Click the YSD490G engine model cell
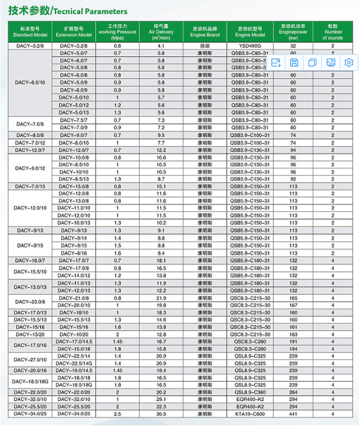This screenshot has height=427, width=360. click(250, 46)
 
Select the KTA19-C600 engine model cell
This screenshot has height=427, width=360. click(250, 414)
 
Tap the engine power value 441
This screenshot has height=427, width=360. click(293, 414)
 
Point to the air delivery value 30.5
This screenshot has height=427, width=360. click(161, 414)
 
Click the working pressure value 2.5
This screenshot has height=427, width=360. click(117, 414)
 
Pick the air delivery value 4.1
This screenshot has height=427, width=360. click(161, 46)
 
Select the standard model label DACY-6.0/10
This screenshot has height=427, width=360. click(30, 82)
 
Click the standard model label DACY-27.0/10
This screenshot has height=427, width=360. click(30, 360)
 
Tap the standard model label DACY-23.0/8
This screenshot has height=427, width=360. click(30, 301)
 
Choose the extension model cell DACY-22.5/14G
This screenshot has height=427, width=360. click(74, 363)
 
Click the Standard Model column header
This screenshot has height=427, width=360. click(30, 31)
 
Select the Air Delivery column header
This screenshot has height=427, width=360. click(161, 31)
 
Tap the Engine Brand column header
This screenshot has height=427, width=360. click(205, 31)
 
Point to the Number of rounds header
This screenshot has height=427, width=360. click(333, 31)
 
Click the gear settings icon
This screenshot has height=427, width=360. click(348, 63)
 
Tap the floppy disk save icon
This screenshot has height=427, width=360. click(294, 63)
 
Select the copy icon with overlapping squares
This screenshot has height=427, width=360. click(312, 63)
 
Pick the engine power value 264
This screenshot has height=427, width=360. click(293, 392)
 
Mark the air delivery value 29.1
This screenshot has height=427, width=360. click(161, 399)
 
